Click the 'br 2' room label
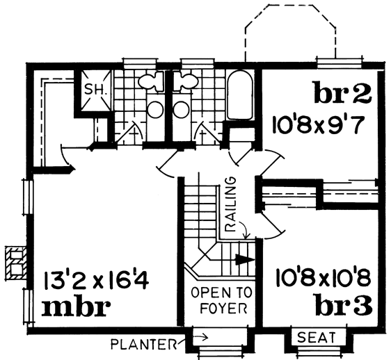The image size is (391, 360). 343,92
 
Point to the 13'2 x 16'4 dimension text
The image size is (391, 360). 97,281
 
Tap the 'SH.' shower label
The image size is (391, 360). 96,89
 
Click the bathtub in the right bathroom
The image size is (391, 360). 239,95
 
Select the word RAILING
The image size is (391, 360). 230,205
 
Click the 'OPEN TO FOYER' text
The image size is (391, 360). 222,301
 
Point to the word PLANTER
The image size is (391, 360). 143,345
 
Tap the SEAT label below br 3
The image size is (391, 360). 316,337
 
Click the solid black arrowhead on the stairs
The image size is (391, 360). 245,259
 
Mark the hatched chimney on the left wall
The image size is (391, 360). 16,263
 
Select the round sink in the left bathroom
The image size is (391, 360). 155,110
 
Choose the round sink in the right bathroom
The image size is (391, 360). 182,109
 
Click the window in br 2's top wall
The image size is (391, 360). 339,62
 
